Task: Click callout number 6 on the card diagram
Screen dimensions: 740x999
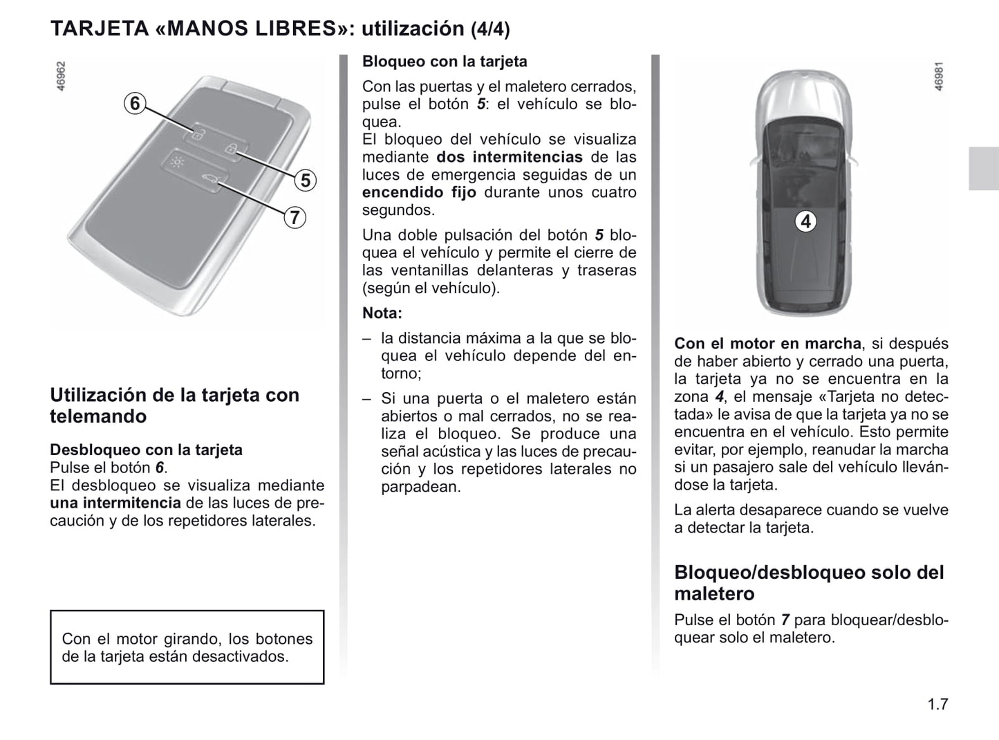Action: [135, 104]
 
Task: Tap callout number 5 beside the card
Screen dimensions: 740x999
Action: [305, 181]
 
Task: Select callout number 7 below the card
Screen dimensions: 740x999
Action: [295, 217]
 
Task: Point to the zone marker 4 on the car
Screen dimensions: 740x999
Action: [805, 221]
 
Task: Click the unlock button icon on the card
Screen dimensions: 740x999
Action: [197, 134]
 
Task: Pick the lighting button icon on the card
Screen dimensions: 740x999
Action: [178, 163]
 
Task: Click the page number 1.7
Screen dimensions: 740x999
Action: [937, 705]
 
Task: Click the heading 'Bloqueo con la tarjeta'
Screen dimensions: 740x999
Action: [445, 62]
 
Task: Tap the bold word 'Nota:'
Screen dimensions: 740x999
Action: [382, 313]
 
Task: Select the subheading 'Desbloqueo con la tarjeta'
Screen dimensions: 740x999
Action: [146, 450]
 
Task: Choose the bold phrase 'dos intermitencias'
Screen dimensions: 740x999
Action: [510, 158]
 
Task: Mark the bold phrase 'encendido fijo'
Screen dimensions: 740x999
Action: [419, 193]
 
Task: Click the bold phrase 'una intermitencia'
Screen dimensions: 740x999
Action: [115, 503]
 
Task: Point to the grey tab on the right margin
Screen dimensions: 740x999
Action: [983, 169]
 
